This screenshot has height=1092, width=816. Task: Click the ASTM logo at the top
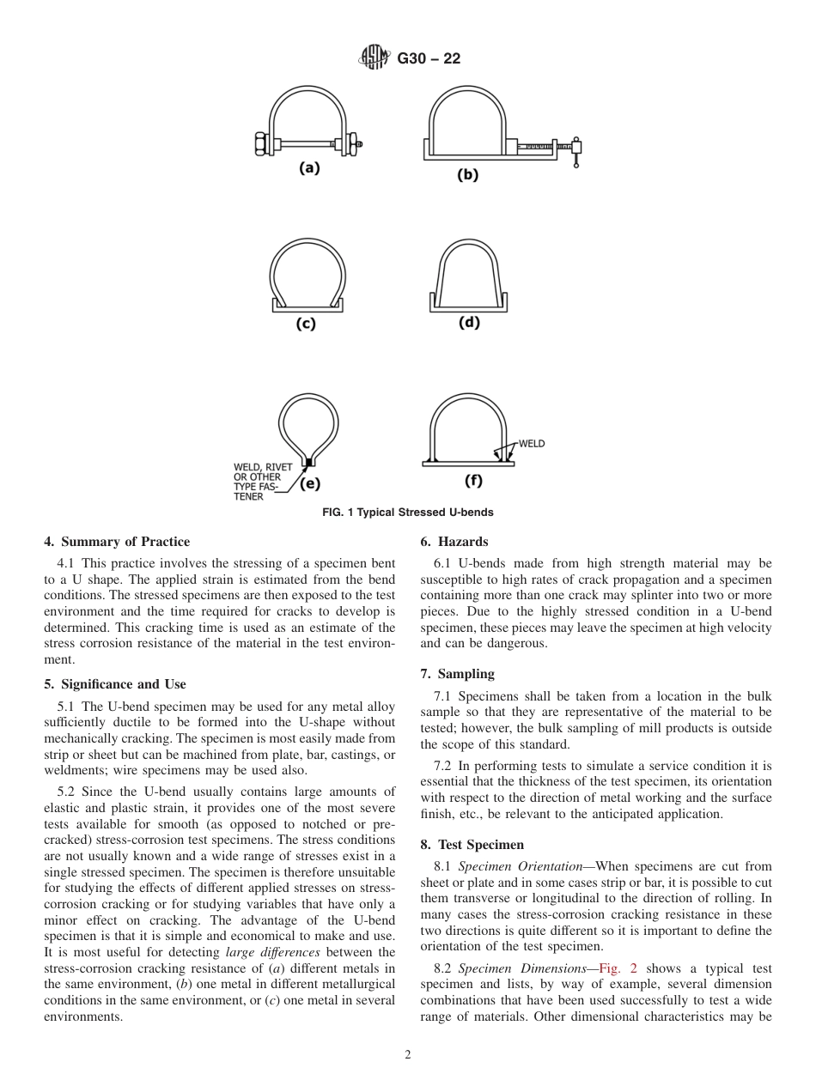pyautogui.click(x=375, y=58)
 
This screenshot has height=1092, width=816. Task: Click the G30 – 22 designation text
pyautogui.click(x=429, y=59)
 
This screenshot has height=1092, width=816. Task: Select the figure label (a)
pyautogui.click(x=309, y=168)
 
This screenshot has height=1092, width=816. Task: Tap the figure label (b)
pyautogui.click(x=467, y=174)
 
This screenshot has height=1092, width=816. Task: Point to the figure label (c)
pyautogui.click(x=306, y=324)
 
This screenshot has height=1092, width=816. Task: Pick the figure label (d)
pyautogui.click(x=469, y=322)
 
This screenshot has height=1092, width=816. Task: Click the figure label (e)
pyautogui.click(x=309, y=483)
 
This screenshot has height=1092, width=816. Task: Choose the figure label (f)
pyautogui.click(x=472, y=481)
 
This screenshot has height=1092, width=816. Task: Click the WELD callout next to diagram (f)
pyautogui.click(x=531, y=444)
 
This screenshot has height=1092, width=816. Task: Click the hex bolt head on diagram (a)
pyautogui.click(x=260, y=143)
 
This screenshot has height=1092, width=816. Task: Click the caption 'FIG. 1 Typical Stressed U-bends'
pyautogui.click(x=407, y=513)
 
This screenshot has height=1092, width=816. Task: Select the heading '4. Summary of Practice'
pyautogui.click(x=117, y=542)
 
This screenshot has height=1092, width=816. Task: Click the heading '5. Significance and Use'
pyautogui.click(x=115, y=684)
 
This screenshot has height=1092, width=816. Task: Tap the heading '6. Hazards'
pyautogui.click(x=454, y=542)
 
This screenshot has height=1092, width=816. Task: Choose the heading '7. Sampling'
pyautogui.click(x=458, y=674)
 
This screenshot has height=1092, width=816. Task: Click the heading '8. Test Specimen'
pyautogui.click(x=472, y=845)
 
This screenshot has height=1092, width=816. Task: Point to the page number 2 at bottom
pyautogui.click(x=408, y=1055)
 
